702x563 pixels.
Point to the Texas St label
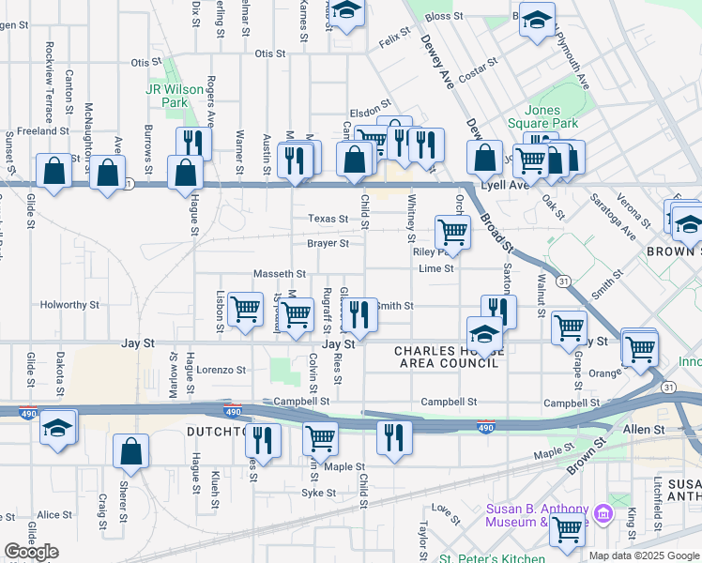(x=329, y=219)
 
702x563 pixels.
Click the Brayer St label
(x=328, y=243)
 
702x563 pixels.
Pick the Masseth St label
(x=280, y=273)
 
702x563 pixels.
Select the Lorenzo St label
(x=221, y=370)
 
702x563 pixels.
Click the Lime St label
(x=436, y=268)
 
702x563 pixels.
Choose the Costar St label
(x=478, y=70)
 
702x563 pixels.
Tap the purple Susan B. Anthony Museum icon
(x=603, y=514)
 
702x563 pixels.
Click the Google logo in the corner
(x=31, y=552)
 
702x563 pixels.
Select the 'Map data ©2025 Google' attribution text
(x=644, y=555)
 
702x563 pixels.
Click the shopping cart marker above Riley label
(x=452, y=231)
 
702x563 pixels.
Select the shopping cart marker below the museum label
(x=567, y=531)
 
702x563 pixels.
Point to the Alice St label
(x=54, y=515)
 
